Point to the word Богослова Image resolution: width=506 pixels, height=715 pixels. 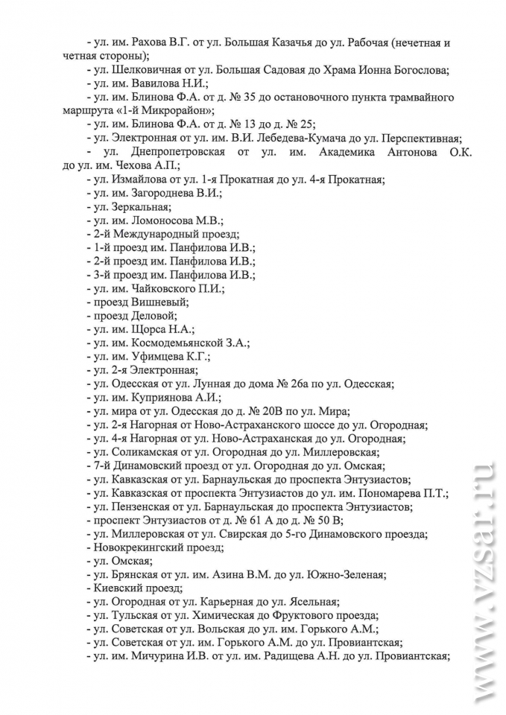point(418,70)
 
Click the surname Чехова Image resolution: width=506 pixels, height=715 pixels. point(124,165)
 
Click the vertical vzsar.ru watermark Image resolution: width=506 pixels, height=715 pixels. point(480,581)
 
